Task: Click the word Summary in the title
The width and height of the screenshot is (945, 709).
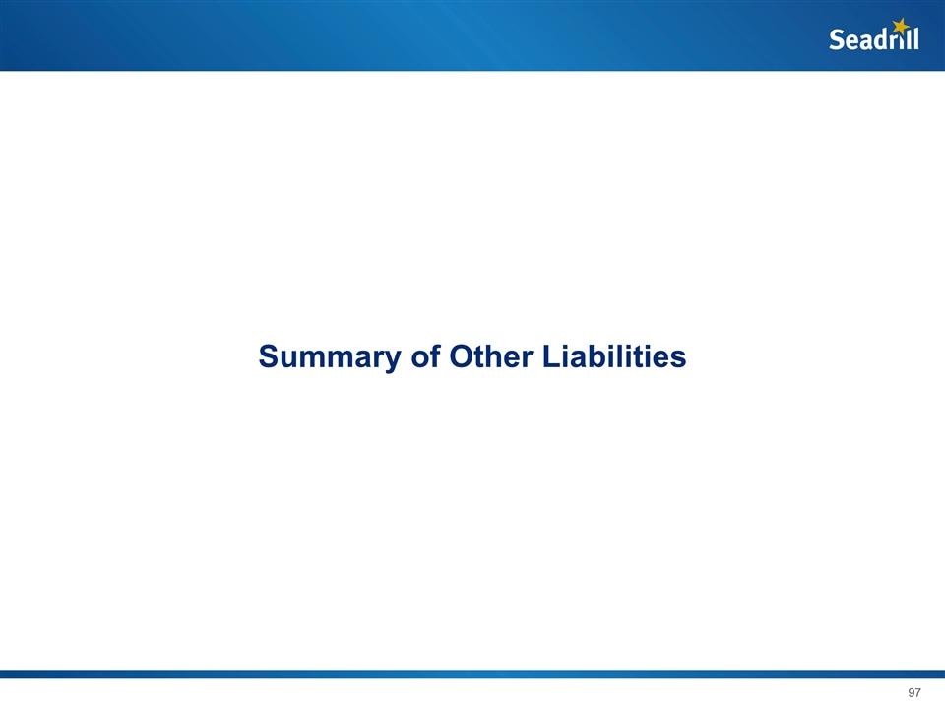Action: (x=330, y=357)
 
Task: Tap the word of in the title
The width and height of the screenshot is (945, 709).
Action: (x=425, y=355)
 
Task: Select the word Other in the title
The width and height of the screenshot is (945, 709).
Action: (x=491, y=355)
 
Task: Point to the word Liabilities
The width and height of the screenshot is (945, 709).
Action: (x=614, y=355)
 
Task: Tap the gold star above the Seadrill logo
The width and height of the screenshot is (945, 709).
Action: (x=901, y=26)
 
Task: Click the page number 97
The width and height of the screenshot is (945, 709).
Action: (x=914, y=692)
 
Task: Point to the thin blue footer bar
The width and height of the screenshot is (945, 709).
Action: (x=472, y=674)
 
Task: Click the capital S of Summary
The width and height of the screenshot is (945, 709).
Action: (x=269, y=355)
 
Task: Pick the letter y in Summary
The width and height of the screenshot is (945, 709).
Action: (x=393, y=360)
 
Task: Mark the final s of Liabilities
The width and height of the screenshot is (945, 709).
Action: (x=678, y=359)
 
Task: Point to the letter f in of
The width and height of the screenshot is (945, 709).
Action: (x=435, y=355)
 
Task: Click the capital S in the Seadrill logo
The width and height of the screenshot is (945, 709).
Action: (x=837, y=39)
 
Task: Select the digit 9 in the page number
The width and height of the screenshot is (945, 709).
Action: (x=911, y=692)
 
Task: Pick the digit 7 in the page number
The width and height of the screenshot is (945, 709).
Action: (x=917, y=692)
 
